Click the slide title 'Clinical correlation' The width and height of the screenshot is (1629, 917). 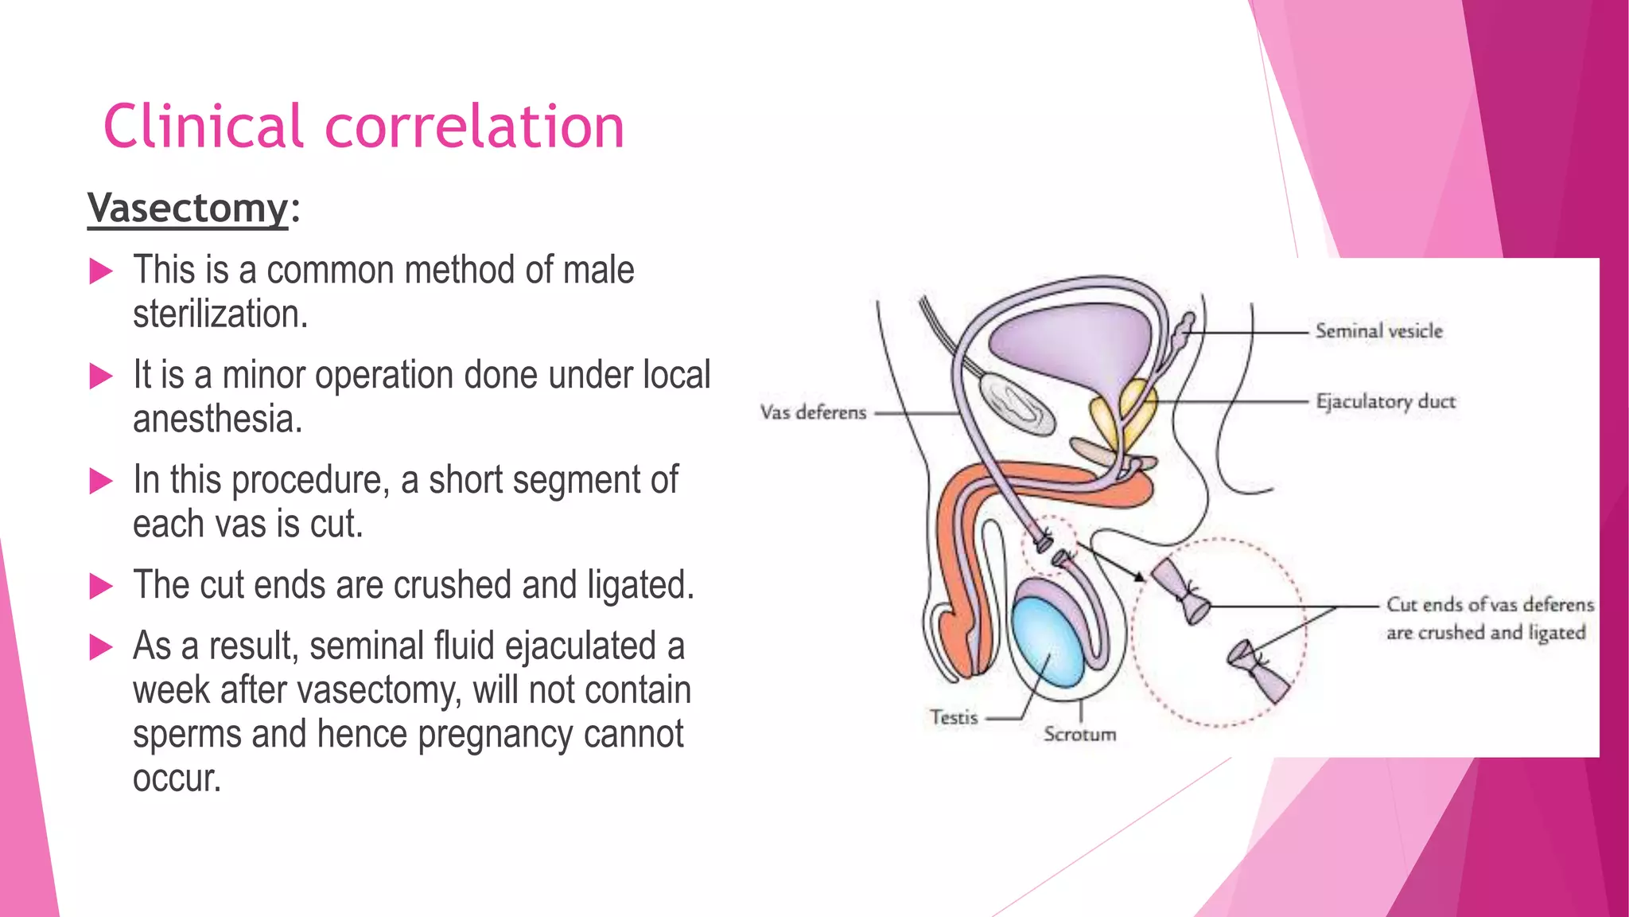pyautogui.click(x=364, y=127)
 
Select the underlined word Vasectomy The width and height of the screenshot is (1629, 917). pyautogui.click(x=188, y=209)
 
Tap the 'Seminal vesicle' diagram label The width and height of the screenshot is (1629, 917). pyautogui.click(x=1378, y=331)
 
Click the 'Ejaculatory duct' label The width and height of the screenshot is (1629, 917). pyautogui.click(x=1386, y=401)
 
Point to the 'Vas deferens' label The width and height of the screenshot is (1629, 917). pyautogui.click(x=813, y=412)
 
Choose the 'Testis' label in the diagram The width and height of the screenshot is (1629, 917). pyautogui.click(x=954, y=717)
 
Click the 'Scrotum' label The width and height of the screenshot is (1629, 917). pyautogui.click(x=1079, y=734)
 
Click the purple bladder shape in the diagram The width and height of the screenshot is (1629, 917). pyautogui.click(x=1066, y=342)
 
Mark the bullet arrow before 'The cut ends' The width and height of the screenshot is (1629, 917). pyautogui.click(x=101, y=586)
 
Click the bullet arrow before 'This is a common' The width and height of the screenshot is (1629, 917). pyautogui.click(x=101, y=271)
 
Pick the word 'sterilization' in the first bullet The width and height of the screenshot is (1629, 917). pyautogui.click(x=219, y=314)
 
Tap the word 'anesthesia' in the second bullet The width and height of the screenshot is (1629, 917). pyautogui.click(x=217, y=419)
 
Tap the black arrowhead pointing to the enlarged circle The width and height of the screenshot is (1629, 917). pyautogui.click(x=1140, y=576)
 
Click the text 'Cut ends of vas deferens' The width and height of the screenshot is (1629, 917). pyautogui.click(x=1490, y=605)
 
